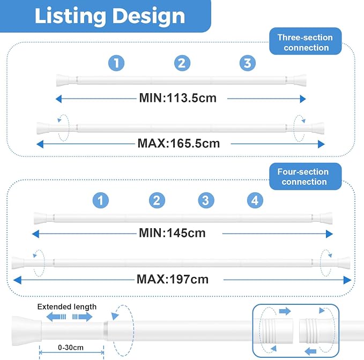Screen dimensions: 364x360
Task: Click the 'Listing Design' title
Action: [110, 16]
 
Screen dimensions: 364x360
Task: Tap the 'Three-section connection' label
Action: [305, 42]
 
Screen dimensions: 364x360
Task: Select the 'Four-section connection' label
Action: [303, 177]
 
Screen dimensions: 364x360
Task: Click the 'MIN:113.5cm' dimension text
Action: [178, 98]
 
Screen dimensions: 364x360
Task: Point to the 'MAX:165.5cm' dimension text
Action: [179, 144]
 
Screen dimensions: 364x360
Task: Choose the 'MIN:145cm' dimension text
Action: [172, 233]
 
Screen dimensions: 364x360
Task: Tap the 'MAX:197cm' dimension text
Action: [173, 279]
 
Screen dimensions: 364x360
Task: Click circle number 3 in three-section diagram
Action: [248, 63]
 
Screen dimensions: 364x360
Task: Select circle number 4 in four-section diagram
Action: [255, 200]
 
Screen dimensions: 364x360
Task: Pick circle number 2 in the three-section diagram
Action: [182, 63]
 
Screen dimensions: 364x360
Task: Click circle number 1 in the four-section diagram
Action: [101, 200]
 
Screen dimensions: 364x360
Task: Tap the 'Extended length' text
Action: [67, 306]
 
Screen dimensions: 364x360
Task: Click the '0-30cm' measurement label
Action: [71, 348]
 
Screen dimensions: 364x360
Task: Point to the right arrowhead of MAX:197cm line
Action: [347, 280]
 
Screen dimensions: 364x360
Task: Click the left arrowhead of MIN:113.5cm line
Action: [59, 99]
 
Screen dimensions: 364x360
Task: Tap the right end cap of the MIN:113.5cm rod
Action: [300, 80]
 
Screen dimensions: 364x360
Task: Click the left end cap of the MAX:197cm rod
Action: [18, 263]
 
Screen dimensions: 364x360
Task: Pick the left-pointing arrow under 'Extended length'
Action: [56, 317]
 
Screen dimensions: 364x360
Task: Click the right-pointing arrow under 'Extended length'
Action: [83, 317]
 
